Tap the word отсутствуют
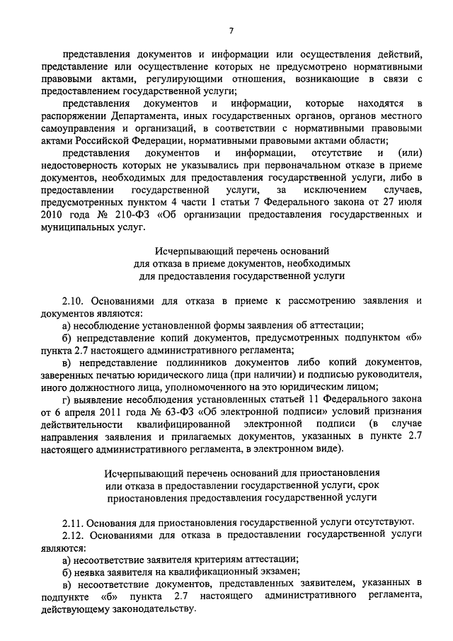381,522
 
